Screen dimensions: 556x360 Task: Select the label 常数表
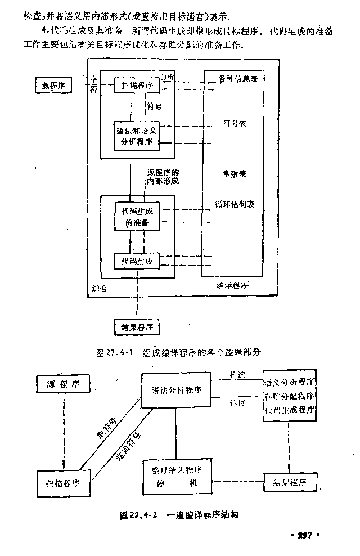pos(235,174)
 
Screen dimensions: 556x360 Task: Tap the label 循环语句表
pos(235,204)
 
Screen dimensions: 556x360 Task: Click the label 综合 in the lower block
pos(100,289)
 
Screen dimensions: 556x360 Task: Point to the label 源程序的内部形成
pos(163,177)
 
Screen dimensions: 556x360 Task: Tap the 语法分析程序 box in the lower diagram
pos(177,390)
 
